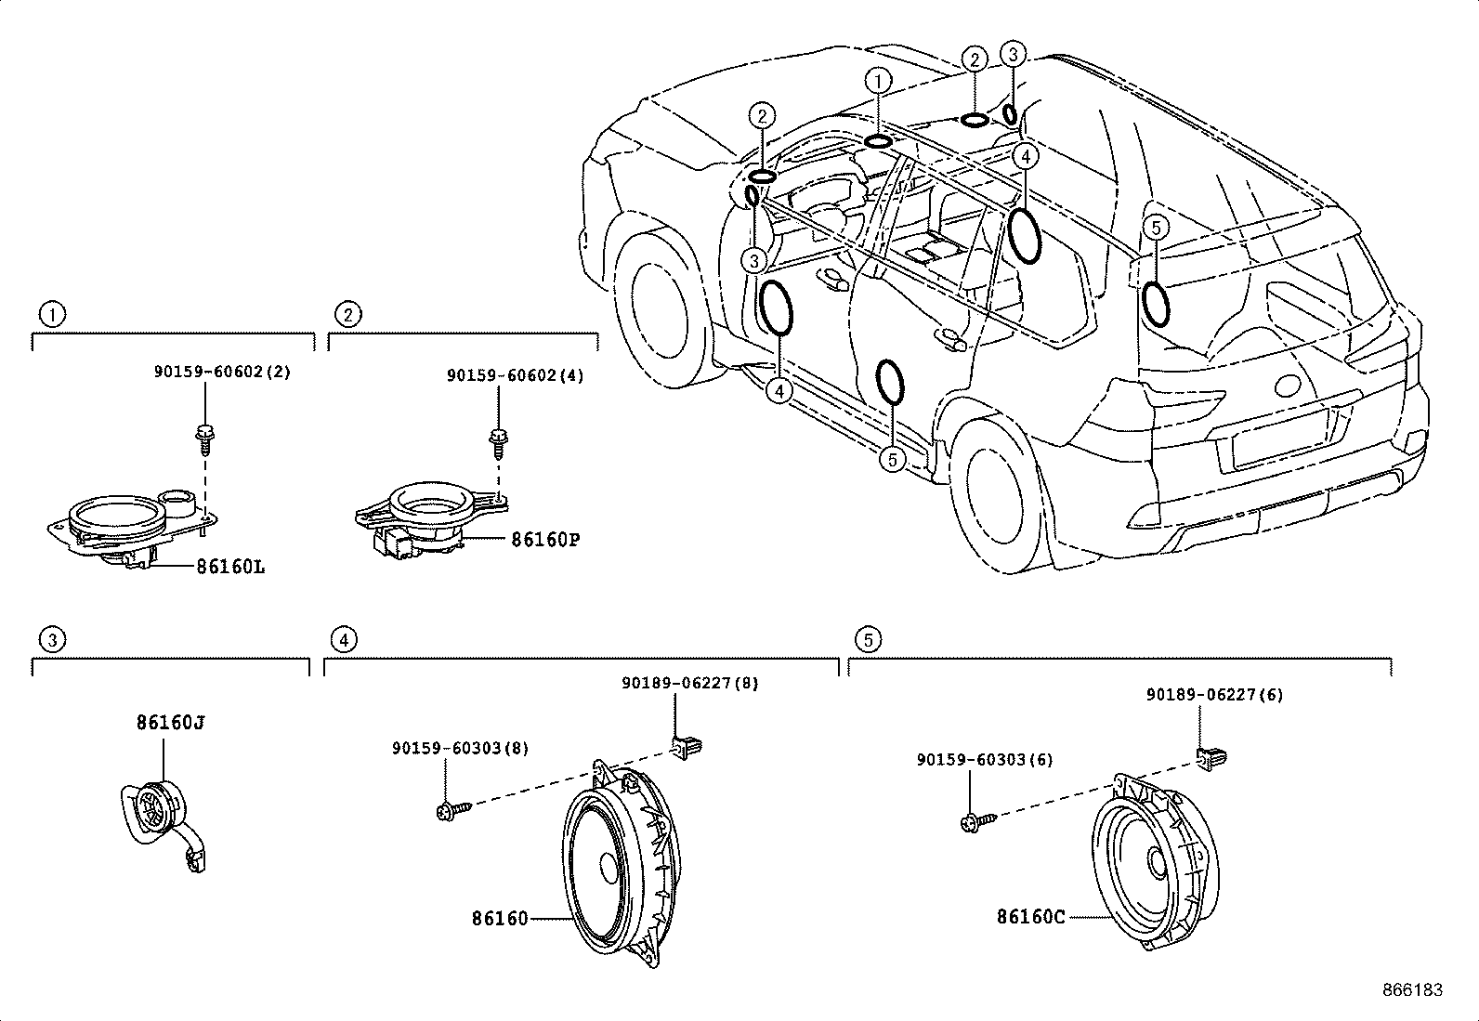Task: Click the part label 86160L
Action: click(x=229, y=566)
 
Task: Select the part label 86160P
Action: click(x=544, y=539)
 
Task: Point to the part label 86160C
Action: click(x=1030, y=917)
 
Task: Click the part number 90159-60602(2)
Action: click(x=222, y=372)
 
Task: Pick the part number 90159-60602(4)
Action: click(x=516, y=375)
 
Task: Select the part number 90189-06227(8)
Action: click(x=689, y=683)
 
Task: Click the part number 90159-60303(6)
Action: click(x=984, y=759)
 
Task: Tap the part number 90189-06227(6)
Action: click(x=1214, y=694)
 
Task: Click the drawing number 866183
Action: click(x=1412, y=990)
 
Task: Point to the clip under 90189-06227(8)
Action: click(x=687, y=745)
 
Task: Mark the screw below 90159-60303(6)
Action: click(x=977, y=820)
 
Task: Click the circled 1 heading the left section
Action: click(x=52, y=314)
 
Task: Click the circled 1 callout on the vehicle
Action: click(x=878, y=82)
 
